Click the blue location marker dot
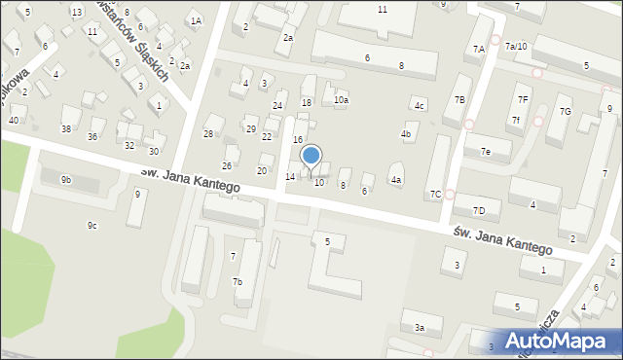pos(311,155)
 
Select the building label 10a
pos(341,99)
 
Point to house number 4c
pos(419,105)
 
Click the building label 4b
pos(406,133)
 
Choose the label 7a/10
pos(516,46)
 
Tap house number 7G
pos(565,111)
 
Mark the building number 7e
pos(485,152)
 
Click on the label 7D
pos(478,210)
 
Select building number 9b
pos(66,179)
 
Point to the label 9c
pos(92,226)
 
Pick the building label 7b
pos(237,282)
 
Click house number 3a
pos(420,328)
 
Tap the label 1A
pos(196,20)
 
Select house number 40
pos(13,120)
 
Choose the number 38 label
pos(66,128)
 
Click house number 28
pos(207,133)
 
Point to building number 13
pos(76,12)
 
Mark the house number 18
pos(307,102)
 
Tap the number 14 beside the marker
pos(290,176)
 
